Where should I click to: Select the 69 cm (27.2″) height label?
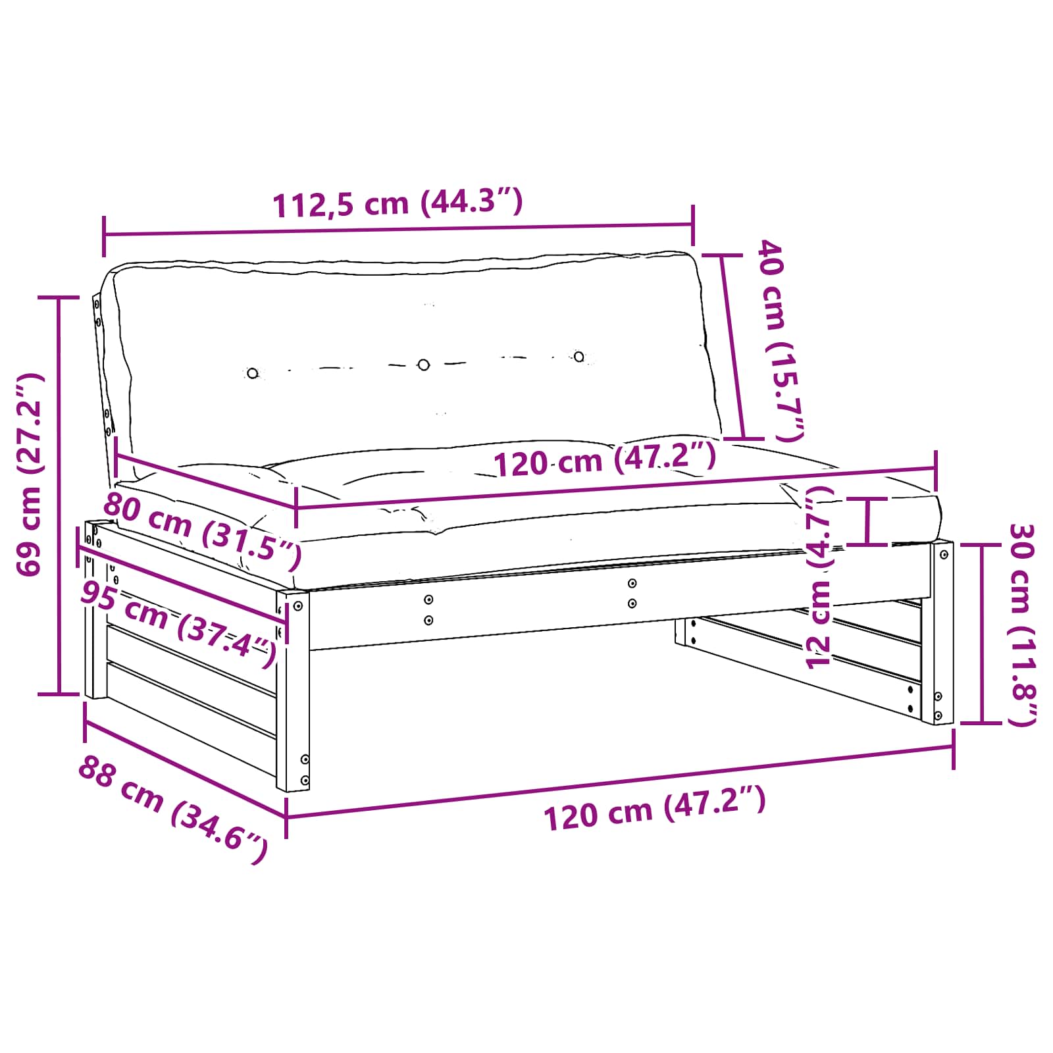pyautogui.click(x=30, y=475)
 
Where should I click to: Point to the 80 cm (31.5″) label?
pyautogui.click(x=203, y=530)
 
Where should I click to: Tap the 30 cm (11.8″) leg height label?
pyautogui.click(x=1023, y=625)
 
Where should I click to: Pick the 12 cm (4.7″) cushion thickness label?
pyautogui.click(x=819, y=577)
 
